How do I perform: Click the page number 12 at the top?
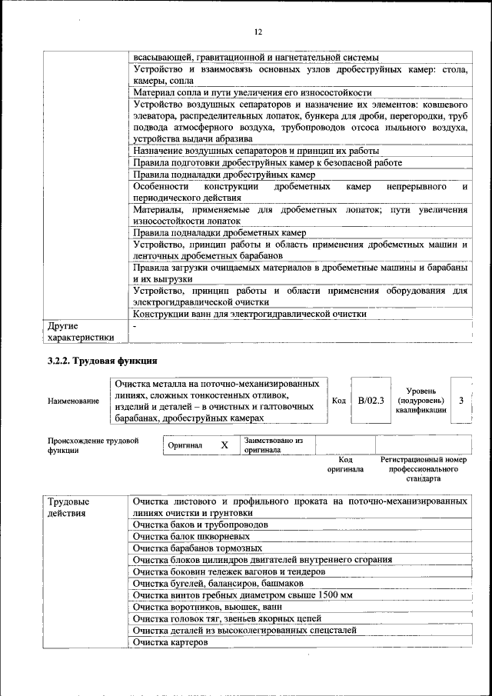coord(258,32)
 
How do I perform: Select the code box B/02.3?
coord(371,400)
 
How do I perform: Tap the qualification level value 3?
coord(460,400)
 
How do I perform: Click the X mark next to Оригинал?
coord(224,445)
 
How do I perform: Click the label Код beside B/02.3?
coord(338,400)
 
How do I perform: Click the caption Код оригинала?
coord(345,464)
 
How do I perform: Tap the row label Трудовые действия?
coord(68,507)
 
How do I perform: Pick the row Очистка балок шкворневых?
coord(191,536)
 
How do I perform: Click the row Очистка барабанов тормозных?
coord(197,548)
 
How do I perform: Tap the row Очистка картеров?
coord(171,641)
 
